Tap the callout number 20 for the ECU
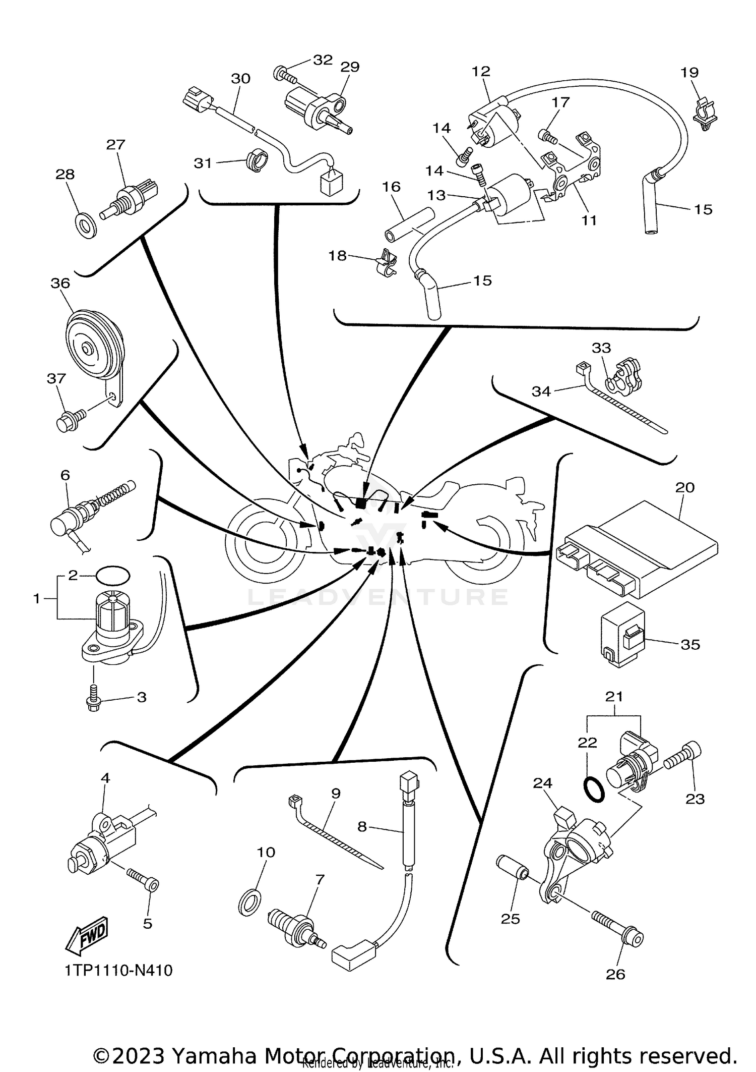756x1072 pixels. coord(685,487)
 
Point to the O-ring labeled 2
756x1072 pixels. coord(112,575)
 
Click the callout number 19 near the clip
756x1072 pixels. coord(689,73)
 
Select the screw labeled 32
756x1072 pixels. coord(285,74)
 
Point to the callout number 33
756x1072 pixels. coord(601,348)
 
